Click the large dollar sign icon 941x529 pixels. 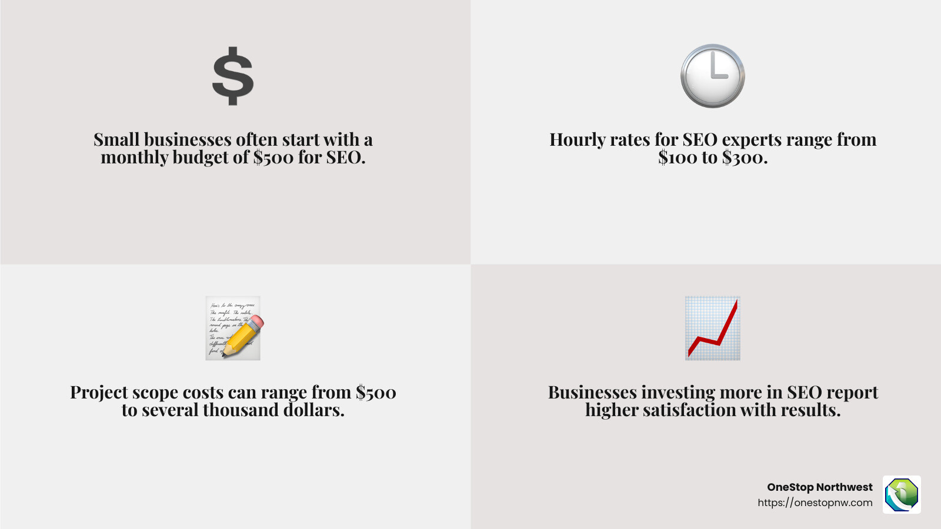(233, 76)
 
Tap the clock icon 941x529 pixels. (712, 76)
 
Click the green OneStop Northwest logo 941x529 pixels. (902, 494)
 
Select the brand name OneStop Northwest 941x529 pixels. (820, 487)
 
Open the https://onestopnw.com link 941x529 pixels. (815, 503)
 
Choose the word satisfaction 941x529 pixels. (689, 410)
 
